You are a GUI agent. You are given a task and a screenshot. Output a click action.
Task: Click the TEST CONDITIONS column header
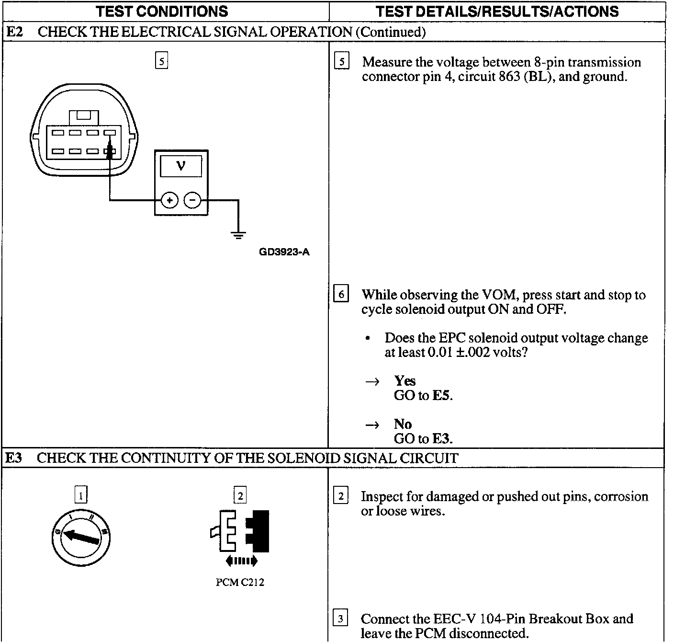[x=162, y=11]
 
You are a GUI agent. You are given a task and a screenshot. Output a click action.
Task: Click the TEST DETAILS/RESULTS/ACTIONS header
[x=496, y=11]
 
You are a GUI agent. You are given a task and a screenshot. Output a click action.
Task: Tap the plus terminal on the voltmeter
[x=169, y=200]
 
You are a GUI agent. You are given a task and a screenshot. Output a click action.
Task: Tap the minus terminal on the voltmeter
[x=192, y=200]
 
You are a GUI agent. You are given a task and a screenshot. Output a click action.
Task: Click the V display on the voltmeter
[x=180, y=166]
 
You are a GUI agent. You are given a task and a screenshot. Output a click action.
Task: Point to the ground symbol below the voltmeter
[x=238, y=235]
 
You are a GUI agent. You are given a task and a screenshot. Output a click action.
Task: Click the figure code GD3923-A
[x=284, y=252]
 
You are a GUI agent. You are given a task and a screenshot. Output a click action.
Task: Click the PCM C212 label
[x=240, y=583]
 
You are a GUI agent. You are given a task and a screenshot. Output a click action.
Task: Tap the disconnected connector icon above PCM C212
[x=240, y=532]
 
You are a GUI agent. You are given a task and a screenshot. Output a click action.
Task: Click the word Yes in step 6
[x=404, y=381]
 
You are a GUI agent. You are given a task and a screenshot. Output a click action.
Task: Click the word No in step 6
[x=403, y=424]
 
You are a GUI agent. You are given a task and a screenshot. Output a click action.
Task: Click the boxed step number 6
[x=341, y=294]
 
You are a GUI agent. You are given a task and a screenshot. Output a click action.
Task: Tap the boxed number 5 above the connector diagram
[x=162, y=61]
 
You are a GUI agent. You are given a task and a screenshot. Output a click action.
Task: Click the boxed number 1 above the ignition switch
[x=81, y=495]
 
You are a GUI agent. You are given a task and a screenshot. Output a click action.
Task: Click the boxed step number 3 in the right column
[x=340, y=619]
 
